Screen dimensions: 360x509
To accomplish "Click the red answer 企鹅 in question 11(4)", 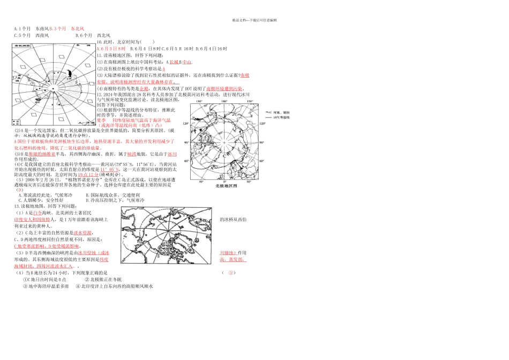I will coord(144,88).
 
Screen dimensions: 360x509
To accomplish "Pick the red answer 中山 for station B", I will coord(187,62).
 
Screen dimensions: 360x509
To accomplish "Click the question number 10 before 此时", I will coord(99,42).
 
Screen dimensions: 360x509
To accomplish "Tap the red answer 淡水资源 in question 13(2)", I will coord(83,233).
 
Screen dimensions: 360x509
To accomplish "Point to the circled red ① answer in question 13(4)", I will coord(231,273).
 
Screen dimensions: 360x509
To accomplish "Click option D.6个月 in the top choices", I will coord(84,35).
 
